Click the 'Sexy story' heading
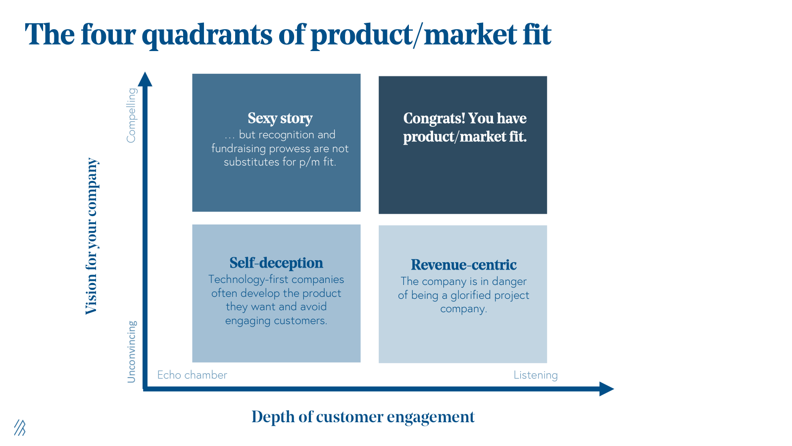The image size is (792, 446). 280,118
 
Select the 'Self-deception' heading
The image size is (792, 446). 276,263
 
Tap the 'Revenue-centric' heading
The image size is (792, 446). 463,265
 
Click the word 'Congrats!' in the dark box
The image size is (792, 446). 434,118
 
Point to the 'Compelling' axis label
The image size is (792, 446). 131,115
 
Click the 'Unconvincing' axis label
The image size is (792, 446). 131,351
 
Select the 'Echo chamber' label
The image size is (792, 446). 192,375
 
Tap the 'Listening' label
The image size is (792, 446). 535,375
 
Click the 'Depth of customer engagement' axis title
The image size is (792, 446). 363,417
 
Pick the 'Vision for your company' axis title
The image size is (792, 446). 92,236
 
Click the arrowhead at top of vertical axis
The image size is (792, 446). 145,79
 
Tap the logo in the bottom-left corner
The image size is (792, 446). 20,428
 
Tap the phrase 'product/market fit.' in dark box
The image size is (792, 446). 464,137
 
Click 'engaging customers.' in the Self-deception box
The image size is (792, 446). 276,321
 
